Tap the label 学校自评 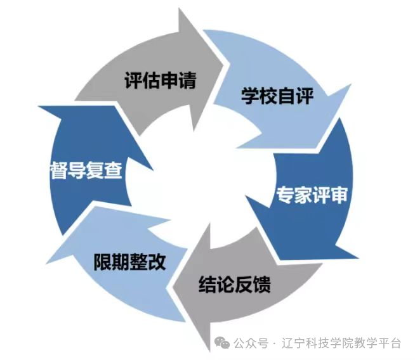click(277, 96)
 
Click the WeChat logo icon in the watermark click(222, 343)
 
